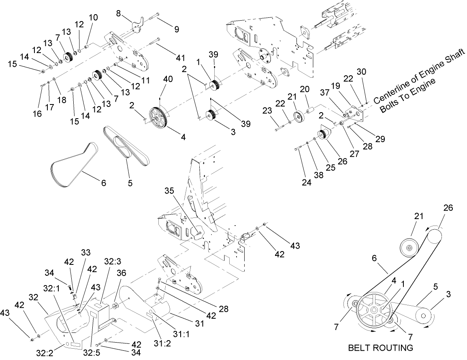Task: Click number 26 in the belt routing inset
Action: tap(448, 208)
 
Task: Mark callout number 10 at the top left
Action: tap(93, 18)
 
